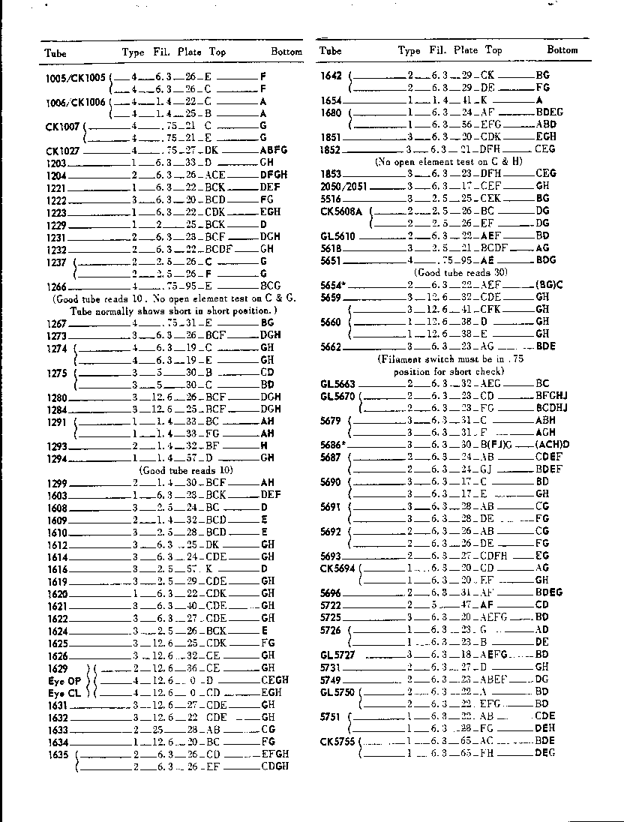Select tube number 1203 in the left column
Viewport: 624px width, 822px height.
56,163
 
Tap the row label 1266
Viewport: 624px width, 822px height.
56,286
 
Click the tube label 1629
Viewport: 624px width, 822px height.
57,668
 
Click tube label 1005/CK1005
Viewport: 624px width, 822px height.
76,77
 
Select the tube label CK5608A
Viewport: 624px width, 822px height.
341,211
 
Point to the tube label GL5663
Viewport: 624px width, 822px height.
337,383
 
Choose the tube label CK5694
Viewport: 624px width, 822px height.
337,568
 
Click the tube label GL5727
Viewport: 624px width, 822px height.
336,654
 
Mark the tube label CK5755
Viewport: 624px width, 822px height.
337,740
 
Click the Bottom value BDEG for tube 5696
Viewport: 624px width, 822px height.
550,592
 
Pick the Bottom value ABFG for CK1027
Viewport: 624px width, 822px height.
274,150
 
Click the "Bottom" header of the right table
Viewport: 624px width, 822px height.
562,50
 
